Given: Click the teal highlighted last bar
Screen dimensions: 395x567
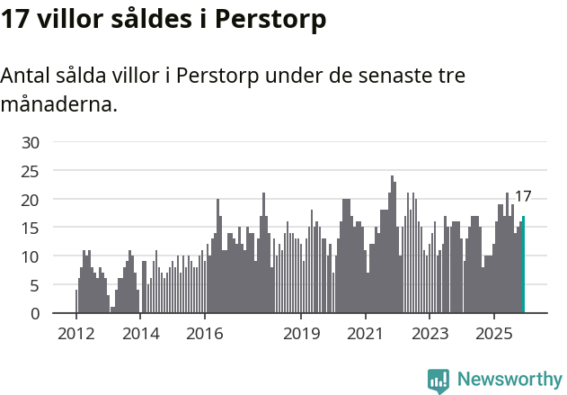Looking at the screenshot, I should pyautogui.click(x=524, y=265).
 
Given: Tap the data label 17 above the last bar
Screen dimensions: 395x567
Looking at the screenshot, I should pyautogui.click(x=523, y=196).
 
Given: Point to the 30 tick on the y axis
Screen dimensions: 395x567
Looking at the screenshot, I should pyautogui.click(x=31, y=142).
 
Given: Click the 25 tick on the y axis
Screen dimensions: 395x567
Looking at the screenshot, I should pyautogui.click(x=31, y=171).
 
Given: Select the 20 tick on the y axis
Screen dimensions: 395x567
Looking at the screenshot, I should pyautogui.click(x=31, y=199).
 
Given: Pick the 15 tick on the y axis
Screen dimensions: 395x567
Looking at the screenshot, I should pyautogui.click(x=31, y=228).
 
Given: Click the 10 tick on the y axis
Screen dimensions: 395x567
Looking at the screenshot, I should pyautogui.click(x=31, y=256).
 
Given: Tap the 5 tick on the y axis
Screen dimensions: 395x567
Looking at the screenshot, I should pyautogui.click(x=35, y=285).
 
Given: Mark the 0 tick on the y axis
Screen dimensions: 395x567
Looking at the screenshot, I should pyautogui.click(x=35, y=314).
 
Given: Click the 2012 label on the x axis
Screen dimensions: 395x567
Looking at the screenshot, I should pyautogui.click(x=75, y=334).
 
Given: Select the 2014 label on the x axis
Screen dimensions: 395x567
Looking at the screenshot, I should pyautogui.click(x=140, y=334).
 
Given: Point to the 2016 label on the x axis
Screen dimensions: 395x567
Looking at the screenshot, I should pyautogui.click(x=205, y=334).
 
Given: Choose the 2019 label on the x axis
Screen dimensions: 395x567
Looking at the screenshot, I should pyautogui.click(x=301, y=334).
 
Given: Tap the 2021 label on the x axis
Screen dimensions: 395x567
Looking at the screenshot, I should pyautogui.click(x=366, y=334).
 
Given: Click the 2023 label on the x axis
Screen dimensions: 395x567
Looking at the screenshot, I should pyautogui.click(x=430, y=334).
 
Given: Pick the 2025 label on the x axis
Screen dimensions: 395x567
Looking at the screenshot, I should pyautogui.click(x=494, y=334).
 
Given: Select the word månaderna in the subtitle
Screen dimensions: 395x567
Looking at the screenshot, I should pyautogui.click(x=58, y=104).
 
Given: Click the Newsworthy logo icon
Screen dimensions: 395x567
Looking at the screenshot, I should pyautogui.click(x=439, y=381).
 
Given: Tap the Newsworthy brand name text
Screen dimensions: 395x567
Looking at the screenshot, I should pyautogui.click(x=509, y=380).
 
